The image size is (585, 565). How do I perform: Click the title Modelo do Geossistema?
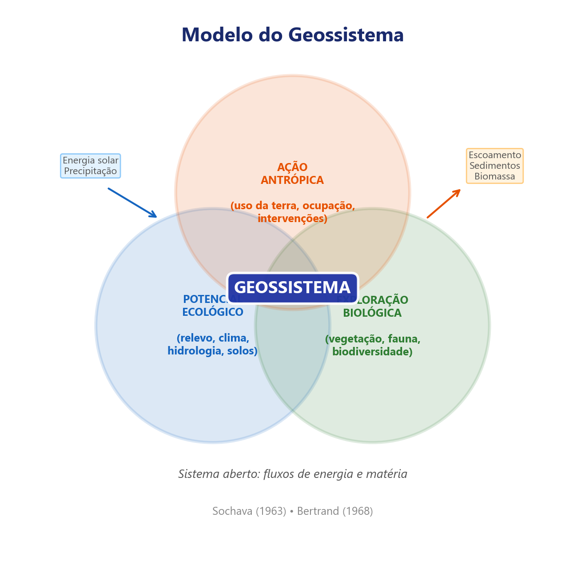292,35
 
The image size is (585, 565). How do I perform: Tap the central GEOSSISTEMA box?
292,287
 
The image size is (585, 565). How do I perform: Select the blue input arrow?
132,203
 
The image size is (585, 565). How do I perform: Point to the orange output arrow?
443,204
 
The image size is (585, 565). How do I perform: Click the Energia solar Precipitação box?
91,166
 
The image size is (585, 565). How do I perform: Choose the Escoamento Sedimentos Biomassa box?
494,166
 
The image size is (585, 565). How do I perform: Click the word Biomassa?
494,176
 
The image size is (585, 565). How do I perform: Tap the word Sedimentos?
494,166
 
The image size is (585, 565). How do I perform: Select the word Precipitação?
91,171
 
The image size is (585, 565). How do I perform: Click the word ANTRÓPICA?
292,180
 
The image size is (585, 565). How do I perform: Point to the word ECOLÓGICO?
213,312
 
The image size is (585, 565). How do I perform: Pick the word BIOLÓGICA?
372,313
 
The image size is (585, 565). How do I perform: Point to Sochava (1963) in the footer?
249,511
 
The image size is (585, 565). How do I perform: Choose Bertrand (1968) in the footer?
335,511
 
